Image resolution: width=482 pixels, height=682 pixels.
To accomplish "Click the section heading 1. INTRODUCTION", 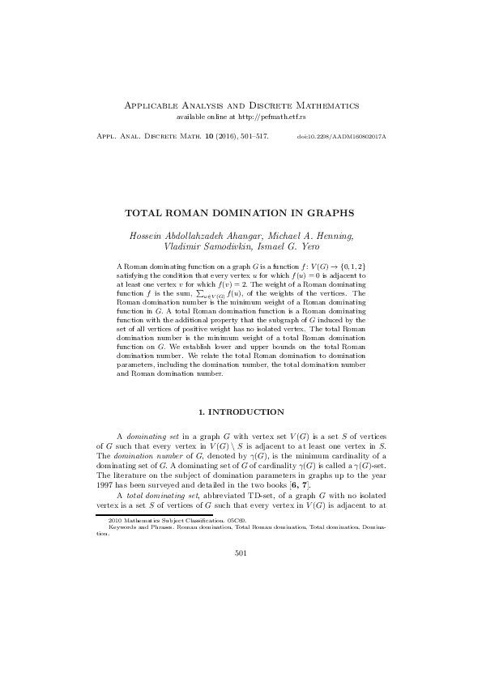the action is coord(241,411).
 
